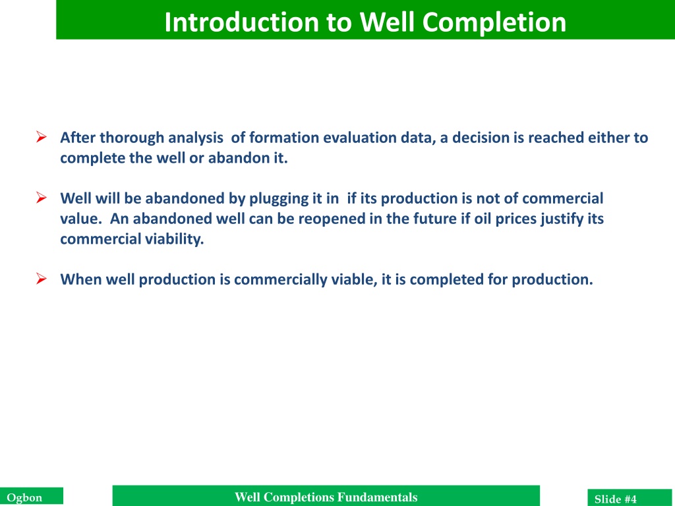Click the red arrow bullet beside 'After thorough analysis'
(42, 137)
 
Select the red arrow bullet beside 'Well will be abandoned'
(42, 198)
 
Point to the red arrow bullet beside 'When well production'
(42, 279)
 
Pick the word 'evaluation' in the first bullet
(360, 138)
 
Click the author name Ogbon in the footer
(24, 498)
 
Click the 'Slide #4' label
(615, 499)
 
